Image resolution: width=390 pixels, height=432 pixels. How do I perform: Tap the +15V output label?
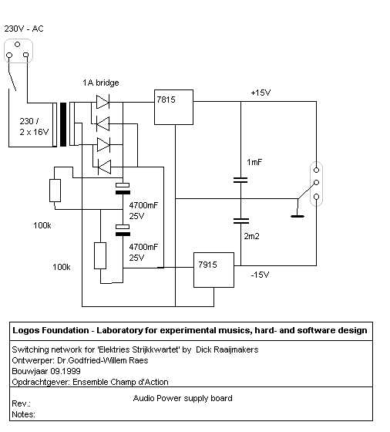tap(261, 93)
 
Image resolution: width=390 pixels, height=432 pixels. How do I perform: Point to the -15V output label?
tap(260, 275)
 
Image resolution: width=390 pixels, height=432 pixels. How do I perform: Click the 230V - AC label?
tap(24, 29)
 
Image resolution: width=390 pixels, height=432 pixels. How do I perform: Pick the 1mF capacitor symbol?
tap(240, 181)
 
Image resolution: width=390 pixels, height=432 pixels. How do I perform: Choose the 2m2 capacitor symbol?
tap(241, 221)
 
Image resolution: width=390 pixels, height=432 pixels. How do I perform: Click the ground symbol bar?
tap(298, 216)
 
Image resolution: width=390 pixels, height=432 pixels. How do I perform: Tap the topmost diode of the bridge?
tap(103, 102)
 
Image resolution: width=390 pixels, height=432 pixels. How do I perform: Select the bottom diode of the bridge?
tap(104, 167)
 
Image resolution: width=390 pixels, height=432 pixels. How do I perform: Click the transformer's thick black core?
tap(63, 124)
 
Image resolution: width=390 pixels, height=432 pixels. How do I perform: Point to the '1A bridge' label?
tap(101, 83)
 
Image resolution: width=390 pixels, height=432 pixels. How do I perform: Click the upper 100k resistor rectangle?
tap(55, 191)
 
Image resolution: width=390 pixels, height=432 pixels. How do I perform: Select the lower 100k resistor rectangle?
tap(100, 255)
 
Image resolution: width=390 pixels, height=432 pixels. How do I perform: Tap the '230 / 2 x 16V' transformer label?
tap(34, 127)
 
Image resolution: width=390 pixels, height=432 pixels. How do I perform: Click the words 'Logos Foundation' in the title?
tap(51, 330)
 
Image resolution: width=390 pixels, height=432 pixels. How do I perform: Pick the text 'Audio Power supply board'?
tap(183, 398)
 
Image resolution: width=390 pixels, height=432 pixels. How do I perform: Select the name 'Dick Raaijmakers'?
tap(227, 349)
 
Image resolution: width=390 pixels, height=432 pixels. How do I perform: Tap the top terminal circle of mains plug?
tap(17, 44)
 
